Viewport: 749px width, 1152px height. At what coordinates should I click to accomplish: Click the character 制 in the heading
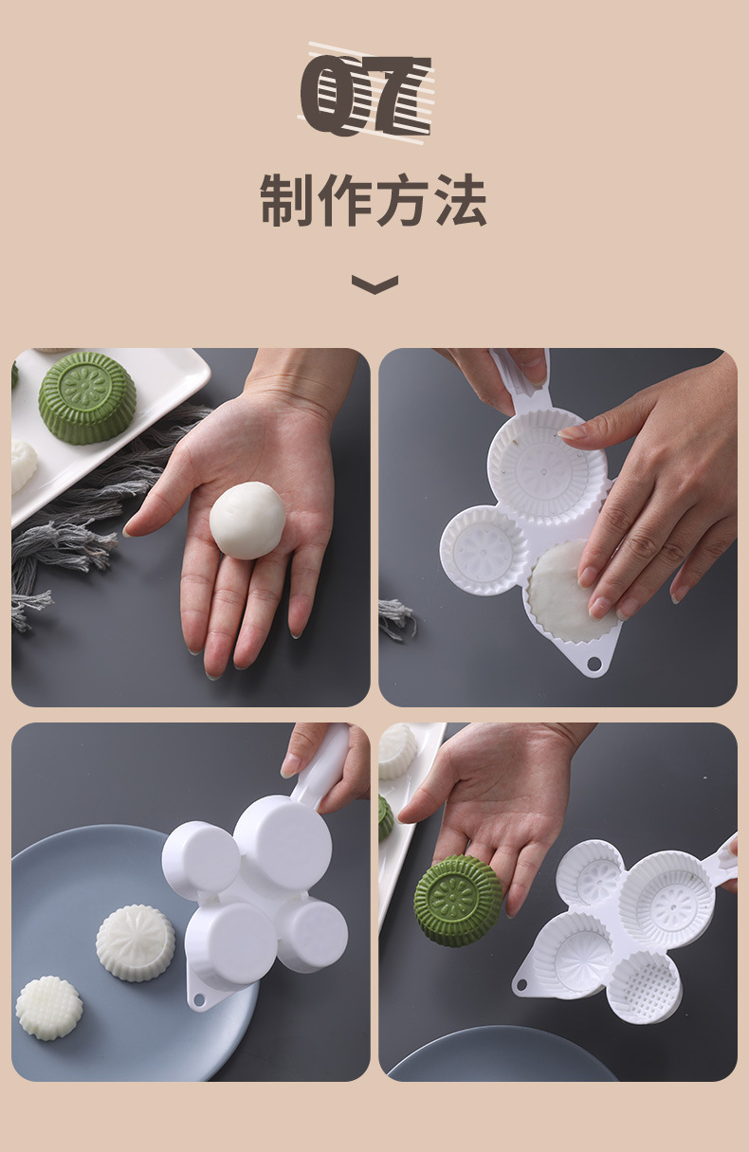pos(287,200)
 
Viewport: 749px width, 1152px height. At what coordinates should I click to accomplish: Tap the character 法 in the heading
pos(460,200)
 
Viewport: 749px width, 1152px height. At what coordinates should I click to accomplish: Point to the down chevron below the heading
pos(374,283)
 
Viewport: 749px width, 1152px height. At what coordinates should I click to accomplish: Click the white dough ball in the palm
pos(247,519)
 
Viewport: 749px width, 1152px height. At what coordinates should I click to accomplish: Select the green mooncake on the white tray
pos(87,397)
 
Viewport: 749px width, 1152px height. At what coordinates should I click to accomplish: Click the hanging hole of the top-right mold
pos(594,661)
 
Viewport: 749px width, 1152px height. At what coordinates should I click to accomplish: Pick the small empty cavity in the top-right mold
pos(484,550)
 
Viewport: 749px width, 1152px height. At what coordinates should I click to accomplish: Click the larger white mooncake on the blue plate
pos(136,942)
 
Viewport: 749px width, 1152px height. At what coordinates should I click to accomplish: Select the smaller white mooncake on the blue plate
pos(48,1008)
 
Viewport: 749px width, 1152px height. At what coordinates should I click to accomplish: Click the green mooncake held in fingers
pos(459,900)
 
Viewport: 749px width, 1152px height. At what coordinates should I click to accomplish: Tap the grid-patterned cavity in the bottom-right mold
pos(644,987)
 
